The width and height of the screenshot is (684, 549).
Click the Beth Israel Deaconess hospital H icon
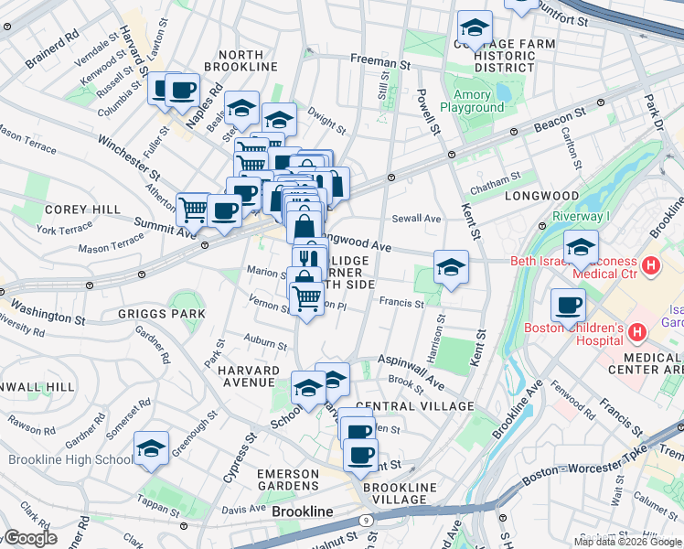(x=651, y=266)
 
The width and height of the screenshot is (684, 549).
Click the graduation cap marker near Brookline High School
(x=152, y=448)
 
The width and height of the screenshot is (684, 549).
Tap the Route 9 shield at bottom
(x=365, y=520)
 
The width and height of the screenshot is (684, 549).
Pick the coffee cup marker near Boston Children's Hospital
(x=568, y=306)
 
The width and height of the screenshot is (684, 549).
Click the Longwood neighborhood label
(x=550, y=196)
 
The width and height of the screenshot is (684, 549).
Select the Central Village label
(x=414, y=406)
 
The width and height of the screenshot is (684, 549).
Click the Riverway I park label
(x=581, y=217)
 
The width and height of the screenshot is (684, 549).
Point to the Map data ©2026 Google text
(x=627, y=542)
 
